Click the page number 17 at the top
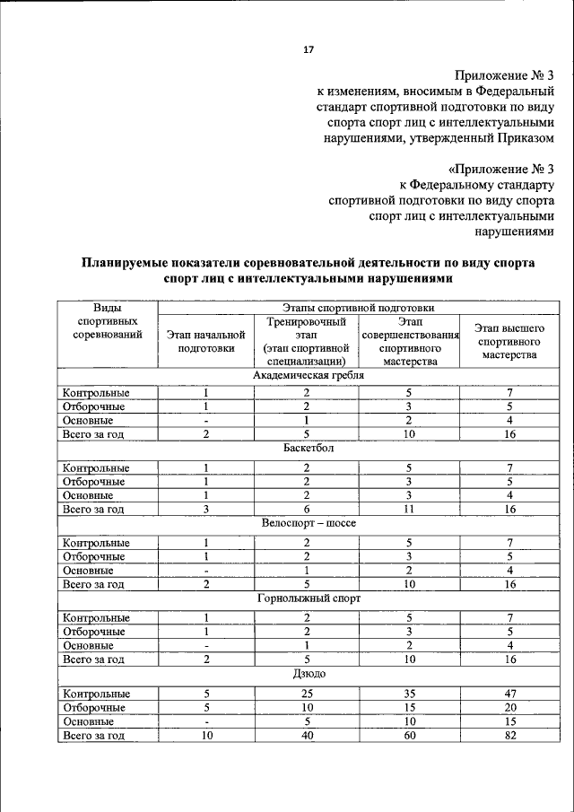click(x=308, y=49)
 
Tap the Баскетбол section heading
click(x=308, y=449)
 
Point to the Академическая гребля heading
click(x=308, y=374)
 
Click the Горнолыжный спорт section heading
click(x=308, y=598)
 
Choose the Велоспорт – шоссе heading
click(x=308, y=523)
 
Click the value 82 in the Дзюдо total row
click(x=509, y=736)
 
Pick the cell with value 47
click(x=509, y=694)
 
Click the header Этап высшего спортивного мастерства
click(x=509, y=341)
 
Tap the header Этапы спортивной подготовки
click(x=357, y=307)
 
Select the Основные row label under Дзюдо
click(x=87, y=721)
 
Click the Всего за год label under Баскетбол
click(x=91, y=509)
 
